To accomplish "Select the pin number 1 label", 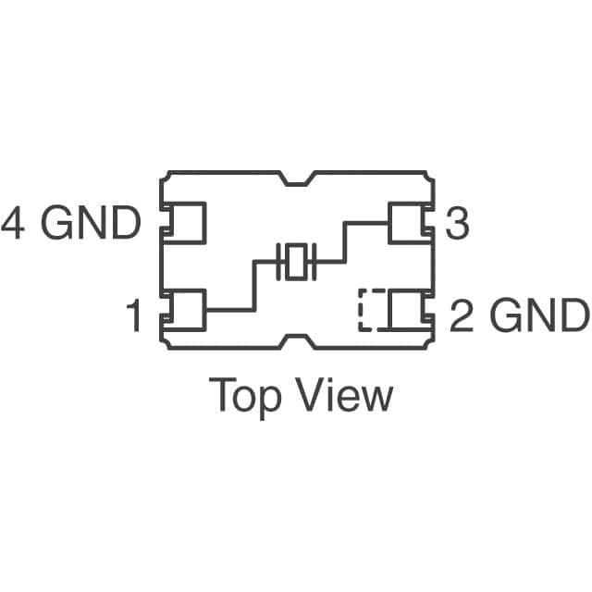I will pos(134,316).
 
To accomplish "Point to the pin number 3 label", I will pos(457,223).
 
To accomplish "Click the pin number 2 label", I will pos(462,316).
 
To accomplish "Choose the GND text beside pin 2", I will pos(539,316).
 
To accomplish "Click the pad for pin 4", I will pos(185,223).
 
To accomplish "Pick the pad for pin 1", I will pos(185,311).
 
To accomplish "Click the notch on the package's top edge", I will pos(296,179).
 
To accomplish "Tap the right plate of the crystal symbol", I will pos(313,262).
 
